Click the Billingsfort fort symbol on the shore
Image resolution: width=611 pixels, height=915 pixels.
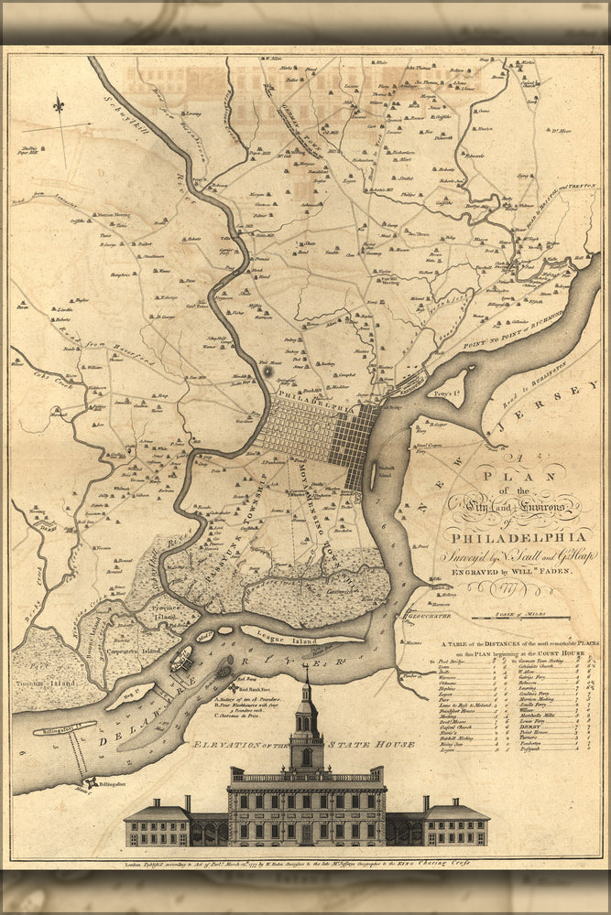(x=92, y=784)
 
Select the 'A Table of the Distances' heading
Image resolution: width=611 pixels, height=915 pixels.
(x=513, y=644)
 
